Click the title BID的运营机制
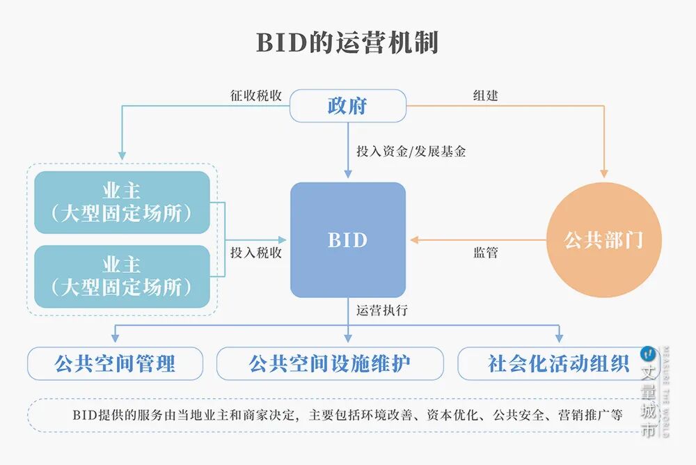(347, 42)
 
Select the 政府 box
(347, 106)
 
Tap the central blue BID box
(347, 240)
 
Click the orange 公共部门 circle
(604, 240)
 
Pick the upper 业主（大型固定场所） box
(122, 203)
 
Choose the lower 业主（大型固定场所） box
(122, 276)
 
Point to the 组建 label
(485, 95)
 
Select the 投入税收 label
(256, 253)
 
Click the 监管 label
(485, 253)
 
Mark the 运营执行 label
(382, 310)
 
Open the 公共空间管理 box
(116, 363)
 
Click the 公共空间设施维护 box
(330, 363)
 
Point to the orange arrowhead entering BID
(413, 240)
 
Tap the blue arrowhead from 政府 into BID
(347, 174)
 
